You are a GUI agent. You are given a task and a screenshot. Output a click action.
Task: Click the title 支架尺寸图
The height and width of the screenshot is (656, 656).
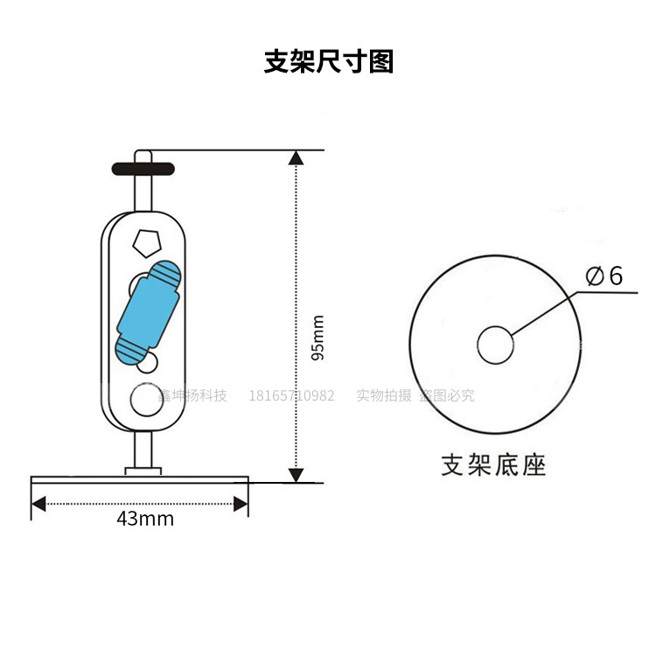(329, 62)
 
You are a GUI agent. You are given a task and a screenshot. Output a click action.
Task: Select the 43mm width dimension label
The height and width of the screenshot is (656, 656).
(145, 519)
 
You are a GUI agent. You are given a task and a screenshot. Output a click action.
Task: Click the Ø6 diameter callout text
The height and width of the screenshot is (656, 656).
(604, 276)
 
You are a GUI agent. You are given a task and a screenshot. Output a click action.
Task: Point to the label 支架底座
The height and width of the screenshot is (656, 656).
(493, 464)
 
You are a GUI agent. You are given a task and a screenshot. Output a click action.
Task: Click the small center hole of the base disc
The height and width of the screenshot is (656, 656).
(495, 345)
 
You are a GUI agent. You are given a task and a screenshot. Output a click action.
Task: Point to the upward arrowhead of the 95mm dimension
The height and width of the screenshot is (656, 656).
(297, 158)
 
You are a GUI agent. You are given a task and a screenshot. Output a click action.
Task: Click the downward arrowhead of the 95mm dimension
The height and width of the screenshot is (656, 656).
(297, 475)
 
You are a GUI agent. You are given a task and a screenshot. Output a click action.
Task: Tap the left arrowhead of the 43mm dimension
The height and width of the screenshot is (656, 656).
(38, 503)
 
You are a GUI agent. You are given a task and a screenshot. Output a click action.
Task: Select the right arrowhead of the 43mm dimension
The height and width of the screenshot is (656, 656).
(241, 503)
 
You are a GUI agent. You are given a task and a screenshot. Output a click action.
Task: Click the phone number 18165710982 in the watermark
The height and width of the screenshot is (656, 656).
(292, 395)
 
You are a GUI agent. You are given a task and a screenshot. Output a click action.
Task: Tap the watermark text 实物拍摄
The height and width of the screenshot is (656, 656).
(383, 395)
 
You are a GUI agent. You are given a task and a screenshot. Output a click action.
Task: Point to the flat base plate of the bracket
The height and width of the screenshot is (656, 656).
(140, 479)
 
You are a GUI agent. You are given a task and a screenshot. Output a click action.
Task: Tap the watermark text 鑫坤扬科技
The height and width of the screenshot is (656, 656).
(192, 395)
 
